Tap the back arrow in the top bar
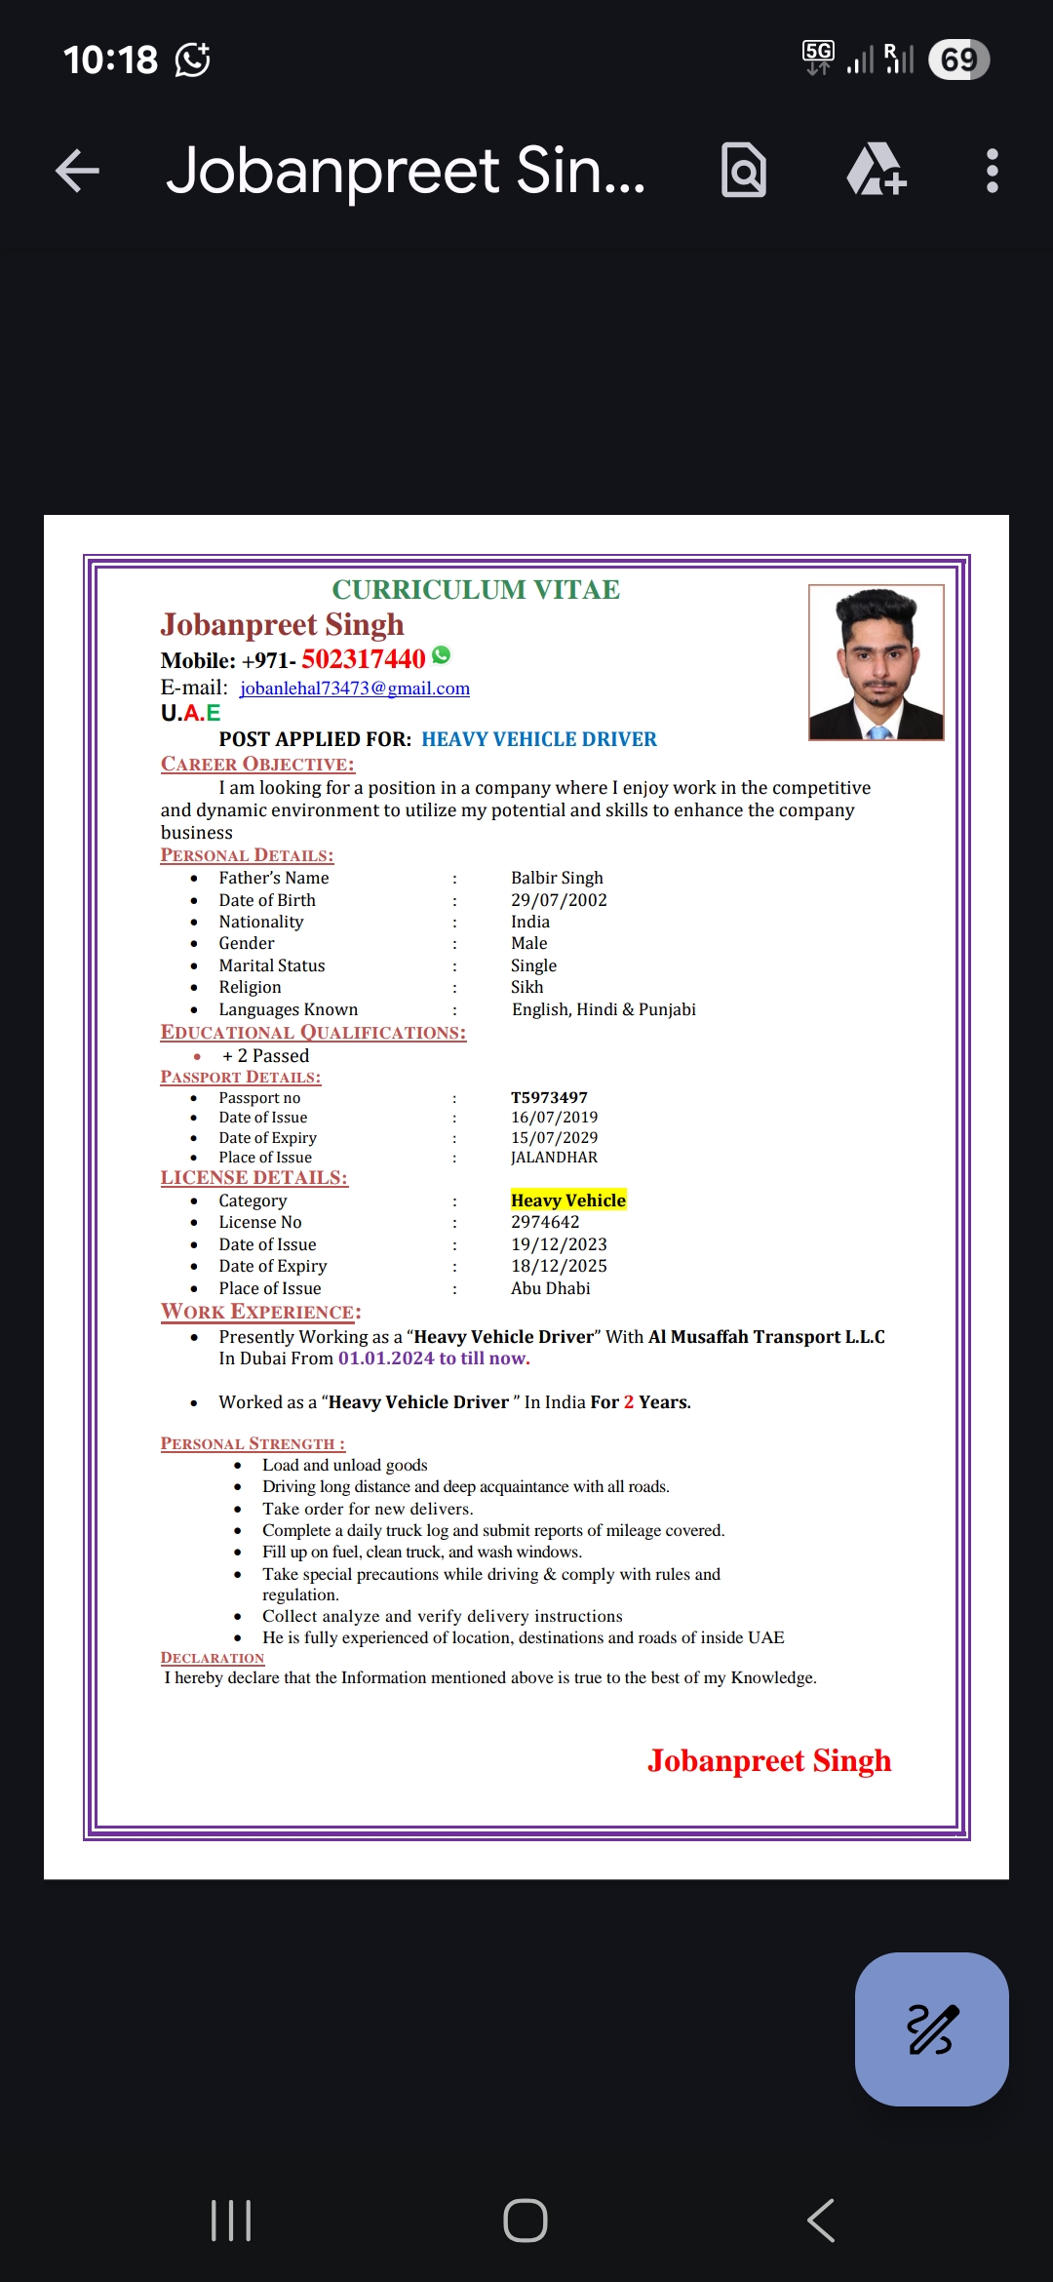[x=78, y=171]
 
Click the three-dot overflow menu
[x=992, y=171]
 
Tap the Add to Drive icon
[x=876, y=170]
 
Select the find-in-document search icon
[x=744, y=171]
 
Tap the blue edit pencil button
[x=931, y=2028]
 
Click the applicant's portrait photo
[x=876, y=662]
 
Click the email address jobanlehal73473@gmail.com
[x=355, y=689]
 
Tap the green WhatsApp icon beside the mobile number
[x=442, y=655]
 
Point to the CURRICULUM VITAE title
[x=476, y=590]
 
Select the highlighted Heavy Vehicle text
[x=568, y=1200]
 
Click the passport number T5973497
[x=549, y=1097]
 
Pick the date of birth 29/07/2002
[x=559, y=900]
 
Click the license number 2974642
[x=545, y=1222]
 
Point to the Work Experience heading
[x=260, y=1312]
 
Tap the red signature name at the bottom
[x=769, y=1760]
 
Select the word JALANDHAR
[x=554, y=1158]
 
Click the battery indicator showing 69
[x=958, y=59]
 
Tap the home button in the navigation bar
[x=526, y=2221]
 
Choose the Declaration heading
[x=213, y=1658]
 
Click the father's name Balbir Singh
[x=557, y=878]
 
